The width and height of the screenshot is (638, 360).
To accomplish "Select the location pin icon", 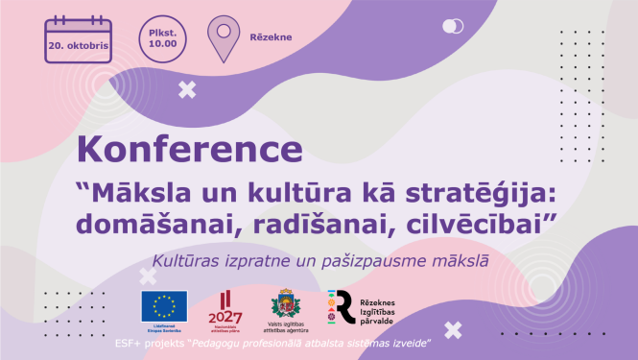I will click(223, 37).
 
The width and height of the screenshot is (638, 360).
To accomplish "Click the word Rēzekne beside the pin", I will click(272, 38).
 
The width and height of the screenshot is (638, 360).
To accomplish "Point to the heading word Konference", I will click(188, 150).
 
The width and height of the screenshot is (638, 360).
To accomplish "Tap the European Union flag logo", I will click(164, 306).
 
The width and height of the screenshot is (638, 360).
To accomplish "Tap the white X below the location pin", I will click(187, 90).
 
